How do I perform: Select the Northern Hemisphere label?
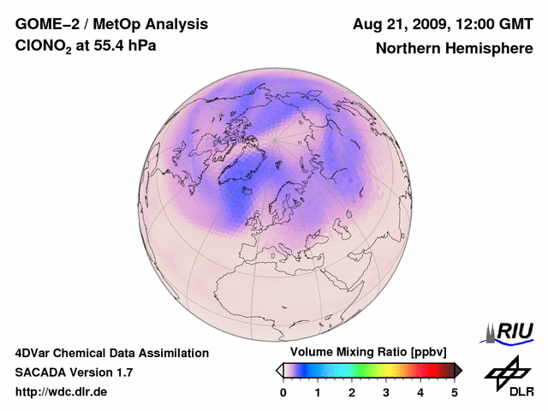[454, 48]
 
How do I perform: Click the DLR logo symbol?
[505, 370]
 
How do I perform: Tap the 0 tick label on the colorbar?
[283, 392]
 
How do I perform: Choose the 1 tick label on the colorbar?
[318, 392]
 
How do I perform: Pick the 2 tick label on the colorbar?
[352, 392]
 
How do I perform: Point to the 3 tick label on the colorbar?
[386, 392]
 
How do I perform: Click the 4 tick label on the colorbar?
[420, 392]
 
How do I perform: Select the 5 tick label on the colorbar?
[454, 392]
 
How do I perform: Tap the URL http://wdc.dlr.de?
[62, 391]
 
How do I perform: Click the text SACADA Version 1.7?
[74, 372]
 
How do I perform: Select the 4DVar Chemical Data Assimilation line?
[111, 353]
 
